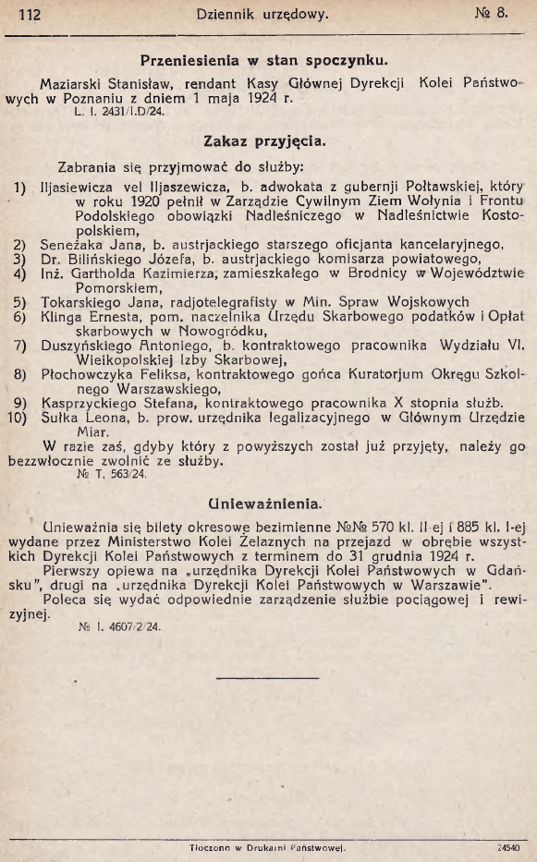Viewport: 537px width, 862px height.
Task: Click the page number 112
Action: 30,14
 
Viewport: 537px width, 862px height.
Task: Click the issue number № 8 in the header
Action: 506,13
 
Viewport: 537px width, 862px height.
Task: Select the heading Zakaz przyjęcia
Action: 262,142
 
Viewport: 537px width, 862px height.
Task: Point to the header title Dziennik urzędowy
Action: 262,14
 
